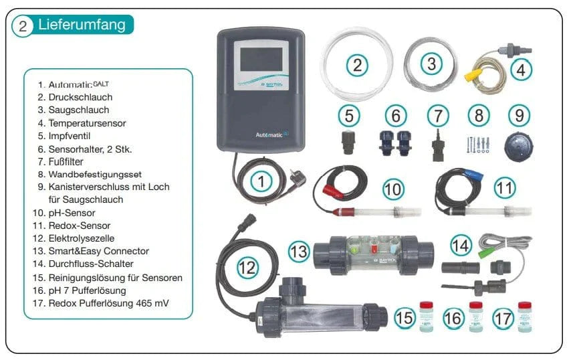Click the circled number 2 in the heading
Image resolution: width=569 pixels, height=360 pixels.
tap(23, 26)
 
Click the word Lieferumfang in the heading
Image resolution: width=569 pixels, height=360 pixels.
tap(82, 25)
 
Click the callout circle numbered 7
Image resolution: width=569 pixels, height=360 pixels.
tap(438, 115)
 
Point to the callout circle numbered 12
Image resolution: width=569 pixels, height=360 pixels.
tap(248, 268)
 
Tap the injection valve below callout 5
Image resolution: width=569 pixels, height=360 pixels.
tap(348, 143)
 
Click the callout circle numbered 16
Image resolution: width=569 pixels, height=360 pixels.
tap(453, 317)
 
